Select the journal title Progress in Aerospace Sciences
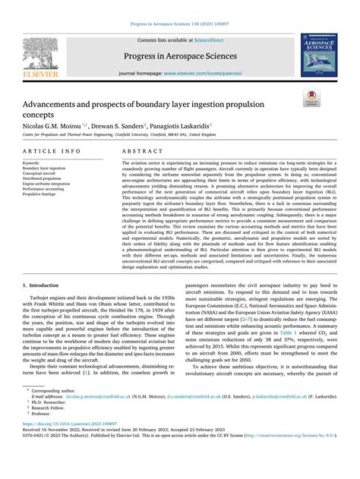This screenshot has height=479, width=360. pyautogui.click(x=179, y=56)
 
